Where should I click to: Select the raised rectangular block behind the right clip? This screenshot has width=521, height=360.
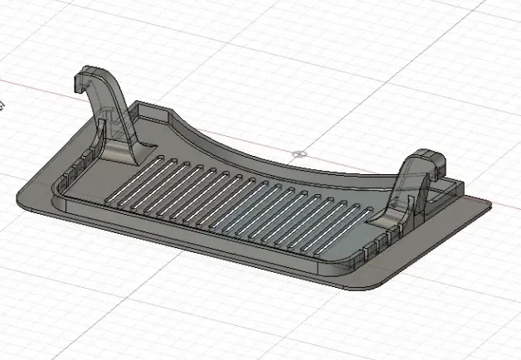[448, 188]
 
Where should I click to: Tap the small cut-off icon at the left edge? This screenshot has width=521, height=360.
[2, 105]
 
